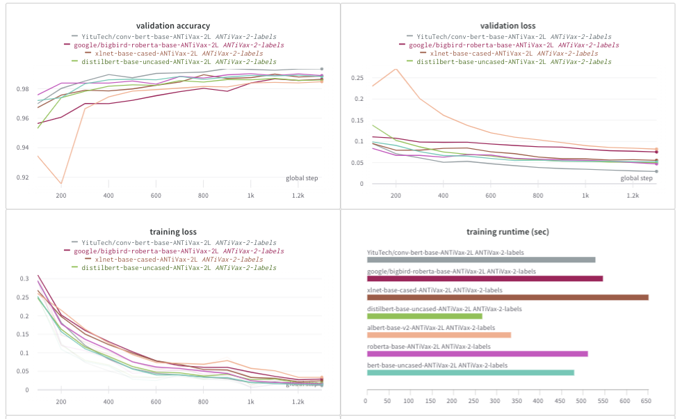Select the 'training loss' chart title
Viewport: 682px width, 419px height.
pos(173,231)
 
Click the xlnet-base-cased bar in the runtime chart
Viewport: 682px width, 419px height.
pos(508,297)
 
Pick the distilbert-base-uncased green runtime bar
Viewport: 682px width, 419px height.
pos(424,316)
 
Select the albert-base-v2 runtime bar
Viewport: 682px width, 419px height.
pos(439,335)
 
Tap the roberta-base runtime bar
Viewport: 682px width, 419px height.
pos(477,354)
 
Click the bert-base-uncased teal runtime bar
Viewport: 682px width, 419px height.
pos(470,372)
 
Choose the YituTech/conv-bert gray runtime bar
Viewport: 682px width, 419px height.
pos(481,260)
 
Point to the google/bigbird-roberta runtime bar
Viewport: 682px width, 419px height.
pos(485,278)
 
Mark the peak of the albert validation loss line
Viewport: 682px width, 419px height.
pos(396,69)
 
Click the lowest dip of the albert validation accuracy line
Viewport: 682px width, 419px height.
pos(61,184)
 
